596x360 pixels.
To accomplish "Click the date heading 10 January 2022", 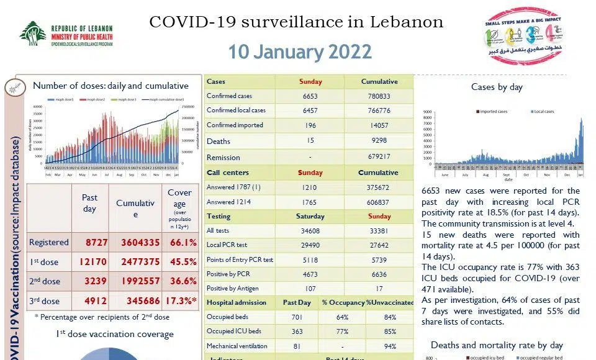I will pyautogui.click(x=300, y=52).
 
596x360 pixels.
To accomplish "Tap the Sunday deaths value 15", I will pyautogui.click(x=310, y=141).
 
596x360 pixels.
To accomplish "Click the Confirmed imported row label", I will pyautogui.click(x=235, y=125).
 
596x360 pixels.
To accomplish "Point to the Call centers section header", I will pyautogui.click(x=228, y=173).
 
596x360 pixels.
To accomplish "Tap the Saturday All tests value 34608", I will pyautogui.click(x=310, y=230).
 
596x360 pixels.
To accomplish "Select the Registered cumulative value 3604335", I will pyautogui.click(x=135, y=243).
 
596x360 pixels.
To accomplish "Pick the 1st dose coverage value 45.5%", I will pyautogui.click(x=179, y=262).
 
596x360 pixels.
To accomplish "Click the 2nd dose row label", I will pyautogui.click(x=45, y=281).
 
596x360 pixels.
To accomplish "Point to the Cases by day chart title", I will pyautogui.click(x=497, y=87).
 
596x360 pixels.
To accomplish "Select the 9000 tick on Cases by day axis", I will pyautogui.click(x=427, y=112).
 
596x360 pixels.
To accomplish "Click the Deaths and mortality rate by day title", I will pyautogui.click(x=497, y=345).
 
